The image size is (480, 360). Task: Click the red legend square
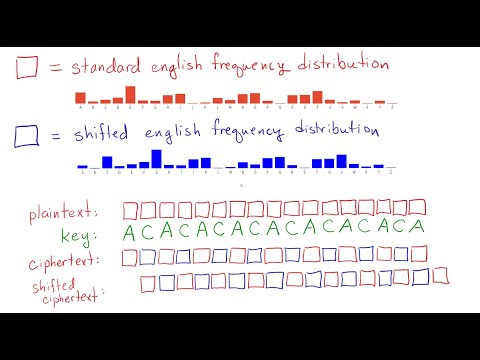(27, 68)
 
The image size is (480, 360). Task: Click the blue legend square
(27, 134)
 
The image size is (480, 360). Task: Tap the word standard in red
(104, 67)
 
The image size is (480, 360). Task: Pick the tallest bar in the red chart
(130, 95)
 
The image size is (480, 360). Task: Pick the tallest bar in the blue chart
(156, 159)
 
